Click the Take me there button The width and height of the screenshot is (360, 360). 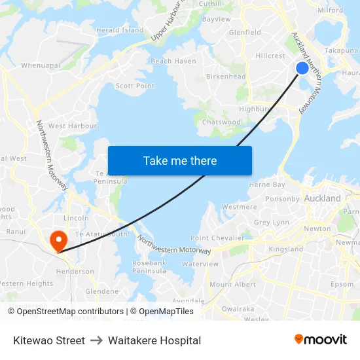pos(180,160)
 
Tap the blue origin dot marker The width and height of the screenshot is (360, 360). pos(302,67)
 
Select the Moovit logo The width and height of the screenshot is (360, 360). pos(321,340)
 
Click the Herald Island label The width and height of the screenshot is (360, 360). pos(120,30)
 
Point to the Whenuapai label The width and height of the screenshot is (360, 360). pos(41,65)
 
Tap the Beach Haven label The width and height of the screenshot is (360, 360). pos(173,61)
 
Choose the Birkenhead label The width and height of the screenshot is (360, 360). pos(226,77)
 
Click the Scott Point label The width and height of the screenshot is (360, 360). pos(135,86)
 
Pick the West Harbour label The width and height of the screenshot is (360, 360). pos(73,126)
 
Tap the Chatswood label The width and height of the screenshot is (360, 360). pos(221,122)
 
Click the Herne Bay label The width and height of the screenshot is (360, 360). pos(267,185)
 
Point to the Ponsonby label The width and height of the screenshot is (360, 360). pos(282,199)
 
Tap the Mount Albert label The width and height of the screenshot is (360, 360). pos(232,284)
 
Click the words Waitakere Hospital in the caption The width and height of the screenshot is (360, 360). pos(154,340)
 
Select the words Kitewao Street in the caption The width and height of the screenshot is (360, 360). pos(49,340)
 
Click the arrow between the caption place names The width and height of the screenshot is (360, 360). pos(96,340)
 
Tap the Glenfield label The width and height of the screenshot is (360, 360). pos(245,32)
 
